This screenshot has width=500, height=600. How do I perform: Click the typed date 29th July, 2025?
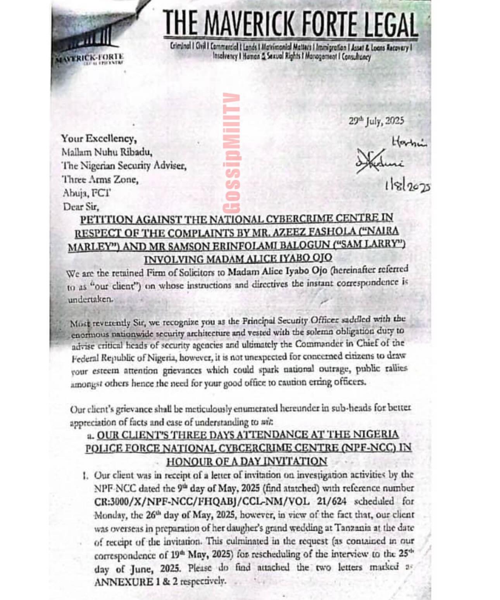pyautogui.click(x=376, y=121)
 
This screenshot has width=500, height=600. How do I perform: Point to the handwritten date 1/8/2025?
pyautogui.click(x=407, y=186)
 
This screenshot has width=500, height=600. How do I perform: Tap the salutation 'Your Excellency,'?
pyautogui.click(x=98, y=138)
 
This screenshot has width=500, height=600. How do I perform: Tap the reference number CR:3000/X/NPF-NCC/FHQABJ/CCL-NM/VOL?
pyautogui.click(x=202, y=501)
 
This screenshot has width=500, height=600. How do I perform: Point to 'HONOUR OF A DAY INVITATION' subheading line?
pyautogui.click(x=247, y=461)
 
